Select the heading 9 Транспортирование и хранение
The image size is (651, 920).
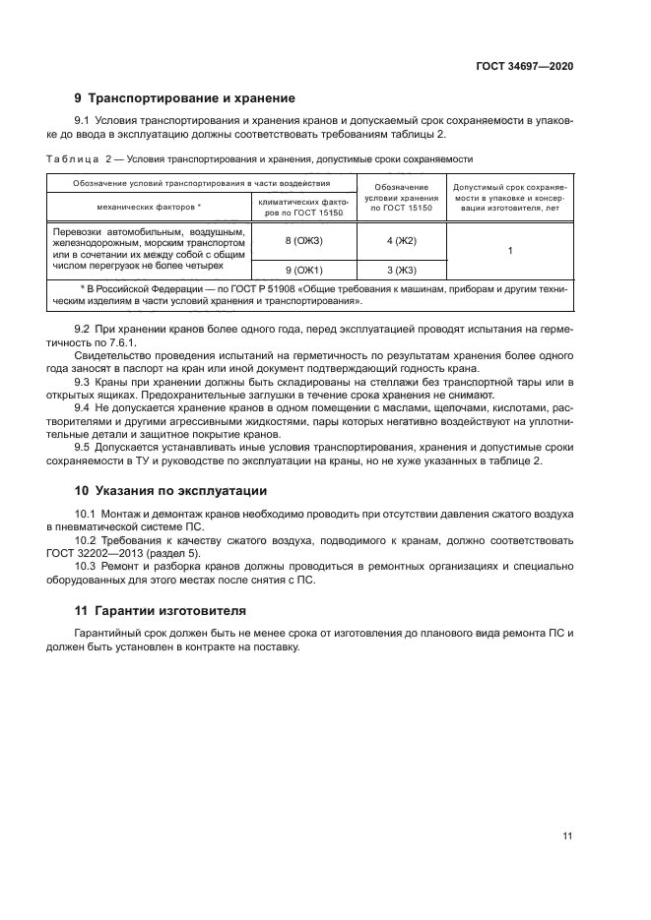[185, 98]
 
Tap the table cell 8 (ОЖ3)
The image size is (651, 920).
[303, 241]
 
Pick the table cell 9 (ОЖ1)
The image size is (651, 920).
[303, 270]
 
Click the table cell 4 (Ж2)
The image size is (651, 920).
[401, 241]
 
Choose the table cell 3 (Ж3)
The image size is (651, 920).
[401, 270]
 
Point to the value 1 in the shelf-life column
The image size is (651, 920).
[510, 252]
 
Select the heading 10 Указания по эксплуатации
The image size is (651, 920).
[170, 490]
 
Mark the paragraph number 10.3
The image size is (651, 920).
[87, 566]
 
